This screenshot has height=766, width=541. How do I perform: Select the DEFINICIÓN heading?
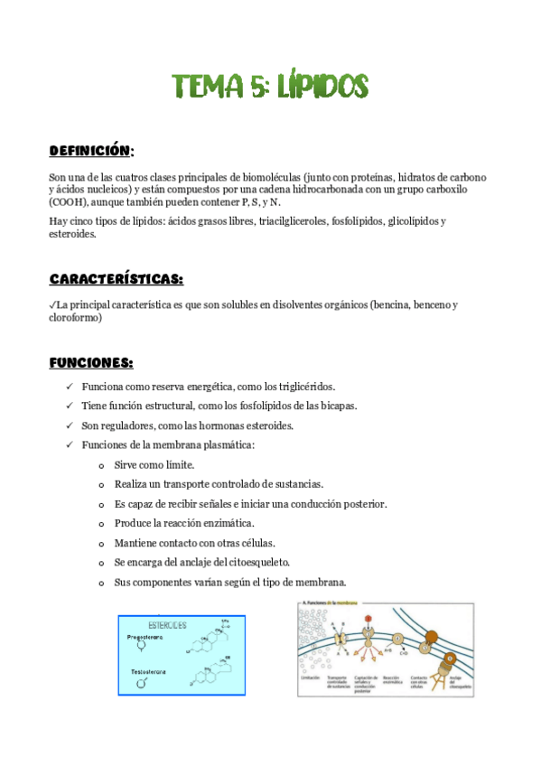click(91, 150)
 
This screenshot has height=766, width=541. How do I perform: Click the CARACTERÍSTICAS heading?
click(116, 278)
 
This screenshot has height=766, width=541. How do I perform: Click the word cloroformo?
click(75, 318)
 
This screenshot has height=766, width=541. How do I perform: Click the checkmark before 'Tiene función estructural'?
click(70, 406)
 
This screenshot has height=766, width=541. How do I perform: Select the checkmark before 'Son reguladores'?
click(70, 425)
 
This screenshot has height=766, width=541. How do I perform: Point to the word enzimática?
click(229, 523)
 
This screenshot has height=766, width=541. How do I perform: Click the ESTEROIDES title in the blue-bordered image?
click(163, 624)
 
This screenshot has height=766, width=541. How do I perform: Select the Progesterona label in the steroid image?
click(145, 636)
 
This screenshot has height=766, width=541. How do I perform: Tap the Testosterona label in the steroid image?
click(145, 672)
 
